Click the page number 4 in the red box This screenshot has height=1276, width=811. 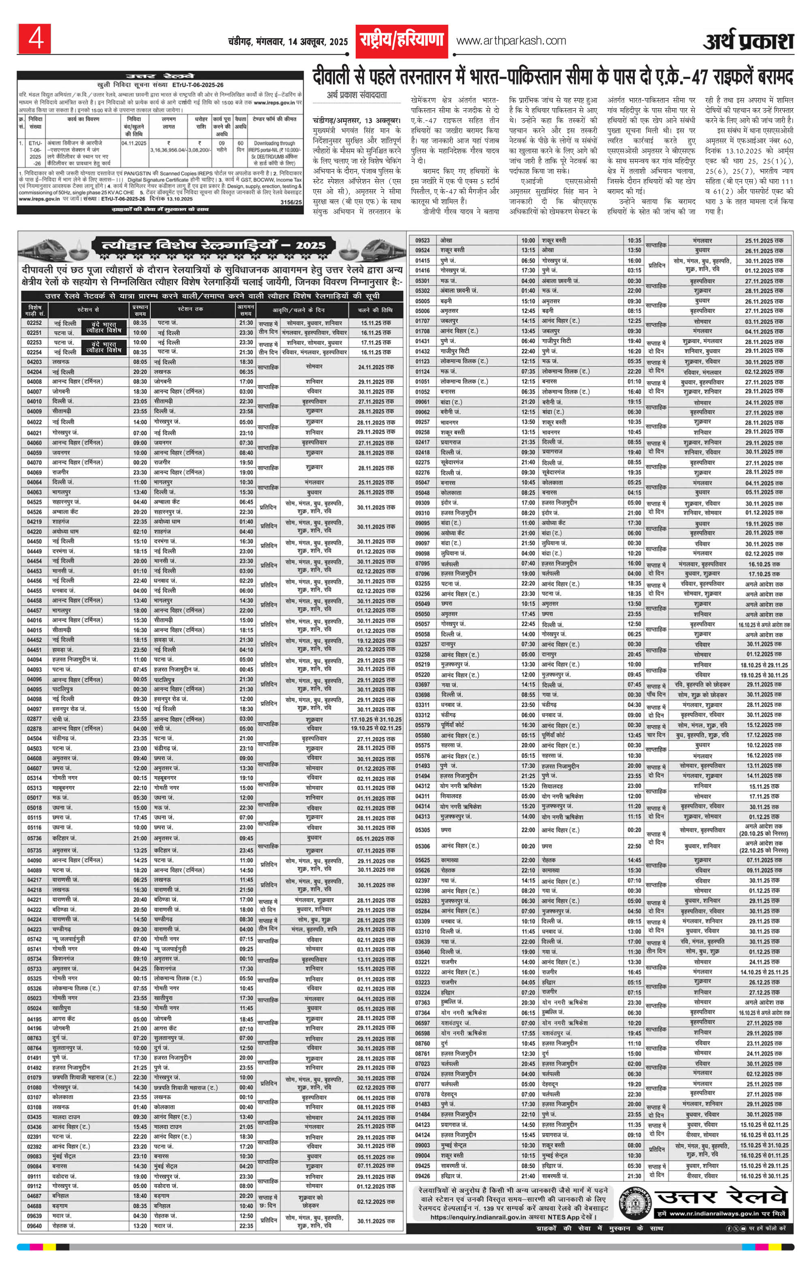34,39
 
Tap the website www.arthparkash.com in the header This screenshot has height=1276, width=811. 511,41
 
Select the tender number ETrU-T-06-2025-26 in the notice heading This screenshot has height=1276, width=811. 198,85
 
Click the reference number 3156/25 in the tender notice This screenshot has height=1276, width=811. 291,202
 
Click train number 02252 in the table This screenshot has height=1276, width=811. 34,323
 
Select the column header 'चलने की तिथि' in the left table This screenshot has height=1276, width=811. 375,310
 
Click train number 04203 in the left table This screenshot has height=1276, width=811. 34,362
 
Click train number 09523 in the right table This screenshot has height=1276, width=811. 422,241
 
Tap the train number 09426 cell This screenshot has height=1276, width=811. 422,1176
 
